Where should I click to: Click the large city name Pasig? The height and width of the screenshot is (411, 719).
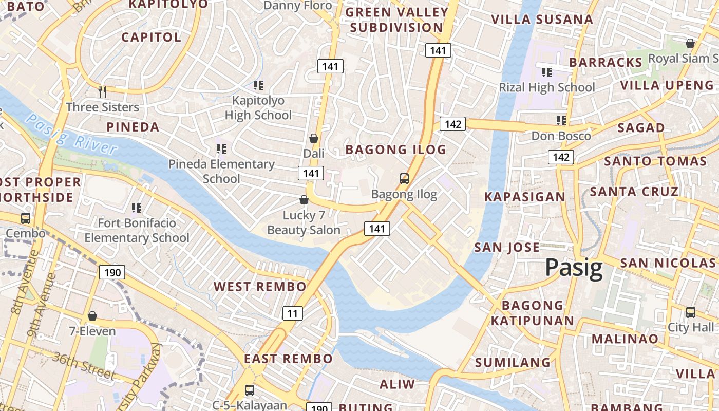[574, 268]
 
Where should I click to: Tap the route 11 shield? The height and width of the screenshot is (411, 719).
[292, 313]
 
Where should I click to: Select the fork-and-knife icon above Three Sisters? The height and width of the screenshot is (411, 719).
[102, 92]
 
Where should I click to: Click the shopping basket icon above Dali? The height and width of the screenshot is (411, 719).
[314, 138]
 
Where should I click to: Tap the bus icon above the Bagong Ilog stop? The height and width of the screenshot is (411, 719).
[404, 179]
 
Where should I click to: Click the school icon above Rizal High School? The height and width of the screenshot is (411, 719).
[547, 72]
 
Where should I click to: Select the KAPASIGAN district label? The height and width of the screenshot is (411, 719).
[524, 197]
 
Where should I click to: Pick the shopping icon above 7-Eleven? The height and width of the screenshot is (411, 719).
[92, 316]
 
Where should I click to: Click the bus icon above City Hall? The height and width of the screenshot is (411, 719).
[691, 312]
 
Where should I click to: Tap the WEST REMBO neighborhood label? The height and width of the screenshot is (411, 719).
[260, 287]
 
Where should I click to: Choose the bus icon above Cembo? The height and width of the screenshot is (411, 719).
[26, 218]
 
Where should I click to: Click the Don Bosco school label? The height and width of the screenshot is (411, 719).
[561, 136]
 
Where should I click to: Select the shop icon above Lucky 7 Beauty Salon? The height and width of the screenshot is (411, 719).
[304, 200]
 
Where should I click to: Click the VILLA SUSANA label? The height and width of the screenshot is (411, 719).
[542, 20]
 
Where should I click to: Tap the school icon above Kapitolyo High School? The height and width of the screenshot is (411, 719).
[258, 85]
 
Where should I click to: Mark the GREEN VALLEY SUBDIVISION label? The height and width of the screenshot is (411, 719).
[396, 20]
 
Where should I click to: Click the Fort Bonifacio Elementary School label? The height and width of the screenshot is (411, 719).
[137, 230]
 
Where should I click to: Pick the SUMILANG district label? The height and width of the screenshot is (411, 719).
[513, 363]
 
